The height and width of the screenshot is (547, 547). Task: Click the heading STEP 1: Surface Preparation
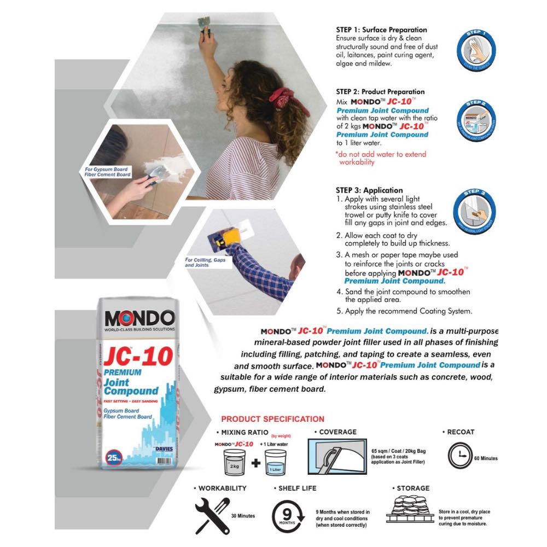[x=381, y=30]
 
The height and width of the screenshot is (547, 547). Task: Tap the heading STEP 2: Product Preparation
[x=380, y=92]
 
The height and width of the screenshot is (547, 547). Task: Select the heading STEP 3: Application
[x=369, y=190]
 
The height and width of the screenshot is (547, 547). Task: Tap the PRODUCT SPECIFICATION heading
[x=272, y=419]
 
